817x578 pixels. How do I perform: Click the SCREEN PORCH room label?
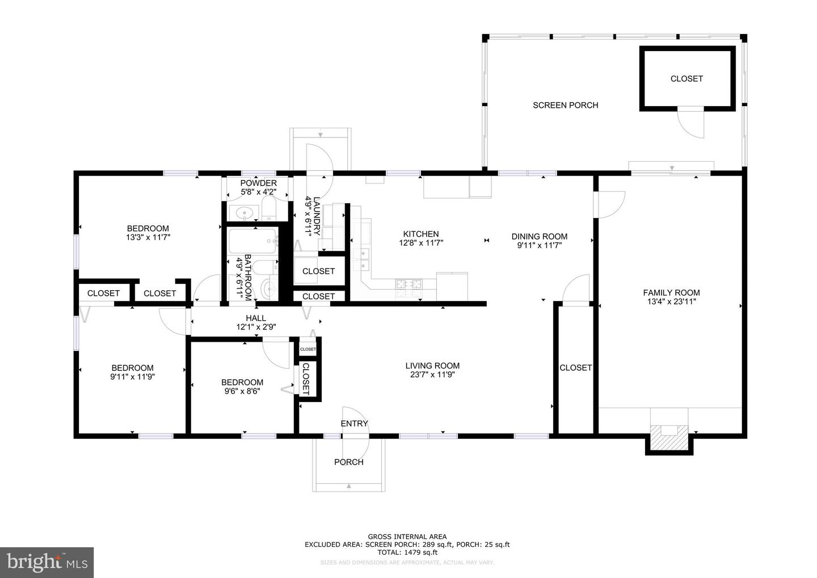pyautogui.click(x=565, y=105)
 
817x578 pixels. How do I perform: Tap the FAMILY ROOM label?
pyautogui.click(x=671, y=293)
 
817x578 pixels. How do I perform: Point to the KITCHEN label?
pyautogui.click(x=420, y=234)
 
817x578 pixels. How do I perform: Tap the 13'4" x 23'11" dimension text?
pyautogui.click(x=671, y=302)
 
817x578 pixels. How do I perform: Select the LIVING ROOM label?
pyautogui.click(x=432, y=366)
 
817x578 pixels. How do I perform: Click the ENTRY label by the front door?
pyautogui.click(x=354, y=424)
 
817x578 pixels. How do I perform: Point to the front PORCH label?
pyautogui.click(x=348, y=462)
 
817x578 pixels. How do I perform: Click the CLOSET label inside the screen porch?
pyautogui.click(x=687, y=79)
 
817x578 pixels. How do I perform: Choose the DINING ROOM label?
pyautogui.click(x=539, y=237)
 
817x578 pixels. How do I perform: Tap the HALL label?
pyautogui.click(x=255, y=319)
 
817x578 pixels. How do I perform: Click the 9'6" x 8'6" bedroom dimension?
pyautogui.click(x=242, y=391)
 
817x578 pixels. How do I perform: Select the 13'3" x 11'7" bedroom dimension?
pyautogui.click(x=148, y=238)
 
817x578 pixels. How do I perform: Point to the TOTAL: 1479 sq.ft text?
pyautogui.click(x=407, y=552)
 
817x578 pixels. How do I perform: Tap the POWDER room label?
pyautogui.click(x=258, y=183)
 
